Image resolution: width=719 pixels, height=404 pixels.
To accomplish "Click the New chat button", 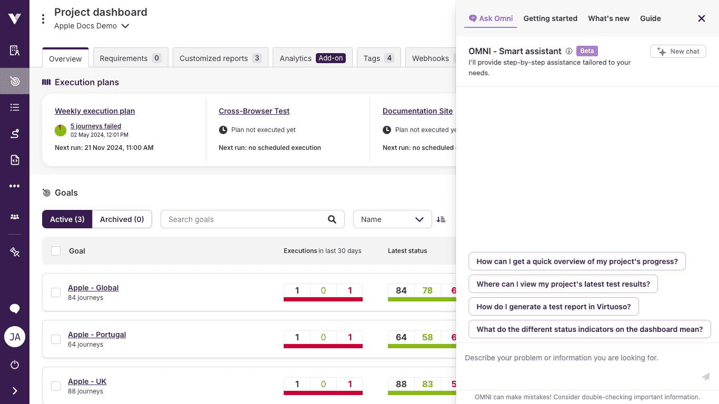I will (678, 52).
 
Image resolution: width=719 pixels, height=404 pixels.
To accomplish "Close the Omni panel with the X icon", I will (701, 18).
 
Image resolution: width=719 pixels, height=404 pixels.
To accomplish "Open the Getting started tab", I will (550, 18).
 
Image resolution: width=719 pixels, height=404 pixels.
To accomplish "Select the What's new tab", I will (608, 18).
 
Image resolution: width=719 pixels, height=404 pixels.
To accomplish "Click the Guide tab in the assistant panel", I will (650, 18).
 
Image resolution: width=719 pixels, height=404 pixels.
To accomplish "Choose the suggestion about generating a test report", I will (553, 307).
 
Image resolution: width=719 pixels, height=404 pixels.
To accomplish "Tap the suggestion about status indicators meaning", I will (590, 329).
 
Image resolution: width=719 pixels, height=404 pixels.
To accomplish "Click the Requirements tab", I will (131, 58).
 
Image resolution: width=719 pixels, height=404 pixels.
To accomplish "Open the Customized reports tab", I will (220, 58).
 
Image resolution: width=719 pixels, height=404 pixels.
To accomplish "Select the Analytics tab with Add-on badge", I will (312, 58).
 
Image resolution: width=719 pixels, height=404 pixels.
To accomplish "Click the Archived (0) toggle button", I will (122, 219).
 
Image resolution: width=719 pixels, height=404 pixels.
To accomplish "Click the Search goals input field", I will (245, 219).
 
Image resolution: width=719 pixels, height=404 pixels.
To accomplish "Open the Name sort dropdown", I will (392, 219).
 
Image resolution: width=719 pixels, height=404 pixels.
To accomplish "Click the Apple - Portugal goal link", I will (97, 335).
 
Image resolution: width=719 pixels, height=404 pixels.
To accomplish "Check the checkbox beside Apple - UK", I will (56, 386).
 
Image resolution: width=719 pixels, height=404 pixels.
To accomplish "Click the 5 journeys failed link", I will (96, 126).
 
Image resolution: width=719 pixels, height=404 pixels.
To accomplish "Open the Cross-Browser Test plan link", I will (254, 111).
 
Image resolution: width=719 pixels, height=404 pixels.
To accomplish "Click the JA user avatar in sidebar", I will (15, 337).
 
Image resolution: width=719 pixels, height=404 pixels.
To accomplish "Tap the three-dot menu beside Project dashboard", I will (43, 19).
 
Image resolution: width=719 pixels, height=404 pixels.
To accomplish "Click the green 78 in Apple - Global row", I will (427, 290).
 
